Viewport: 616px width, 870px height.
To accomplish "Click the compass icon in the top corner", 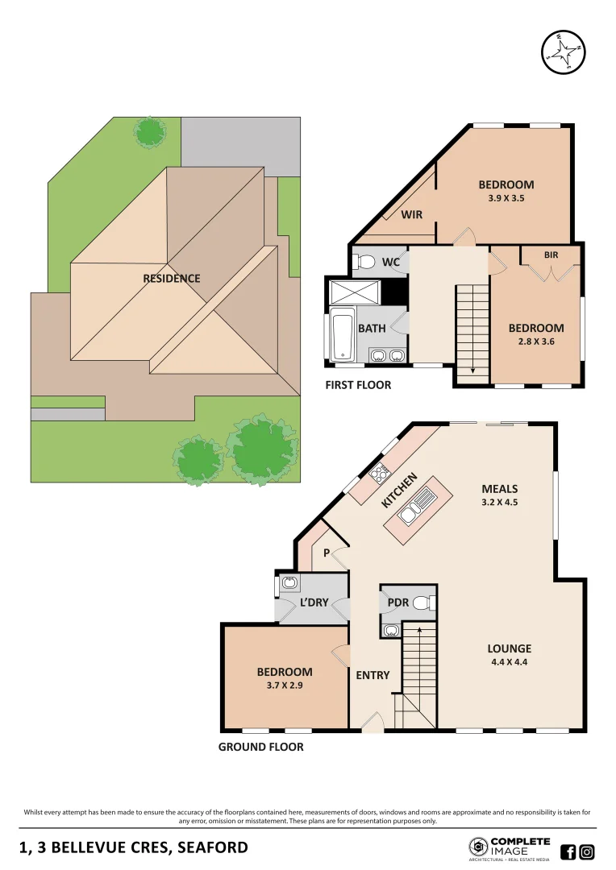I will (x=562, y=52).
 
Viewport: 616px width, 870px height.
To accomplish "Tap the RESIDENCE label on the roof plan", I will (x=171, y=279).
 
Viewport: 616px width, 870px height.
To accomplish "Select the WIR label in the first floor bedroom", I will (x=412, y=214).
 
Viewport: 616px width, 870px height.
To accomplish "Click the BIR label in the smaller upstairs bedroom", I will (x=551, y=255).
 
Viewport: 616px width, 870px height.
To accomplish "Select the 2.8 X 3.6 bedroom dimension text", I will (x=535, y=342).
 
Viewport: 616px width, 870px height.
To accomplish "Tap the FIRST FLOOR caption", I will (x=358, y=385).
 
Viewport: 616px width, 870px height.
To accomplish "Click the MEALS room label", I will (x=499, y=489).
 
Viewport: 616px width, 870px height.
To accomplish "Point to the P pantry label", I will (x=327, y=553).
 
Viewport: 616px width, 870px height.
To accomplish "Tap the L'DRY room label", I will (x=314, y=602).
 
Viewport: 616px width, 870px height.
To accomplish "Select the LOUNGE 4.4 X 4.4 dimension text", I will (x=509, y=663).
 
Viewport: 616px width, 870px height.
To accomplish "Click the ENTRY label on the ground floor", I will (x=373, y=675).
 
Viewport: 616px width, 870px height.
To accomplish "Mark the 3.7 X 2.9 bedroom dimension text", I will (x=285, y=686).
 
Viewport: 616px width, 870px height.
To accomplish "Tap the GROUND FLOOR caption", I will (x=260, y=747).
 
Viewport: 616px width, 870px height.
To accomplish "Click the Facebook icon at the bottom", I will (x=568, y=851).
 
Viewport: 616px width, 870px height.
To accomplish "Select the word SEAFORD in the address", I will (x=207, y=847).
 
